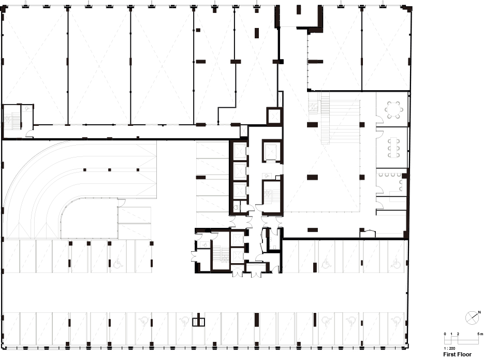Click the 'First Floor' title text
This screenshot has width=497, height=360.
457,354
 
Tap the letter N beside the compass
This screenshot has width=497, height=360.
479,312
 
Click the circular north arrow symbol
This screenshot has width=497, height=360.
472,318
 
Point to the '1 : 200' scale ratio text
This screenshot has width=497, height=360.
449,348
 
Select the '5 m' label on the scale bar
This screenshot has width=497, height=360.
480,334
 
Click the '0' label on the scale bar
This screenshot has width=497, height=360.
445,334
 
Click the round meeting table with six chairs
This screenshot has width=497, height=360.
394,110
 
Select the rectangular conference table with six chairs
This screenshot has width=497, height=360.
394,147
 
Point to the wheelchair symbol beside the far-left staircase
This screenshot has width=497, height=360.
27,108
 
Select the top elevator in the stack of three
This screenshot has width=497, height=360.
240,151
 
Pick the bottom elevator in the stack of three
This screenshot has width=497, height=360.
240,191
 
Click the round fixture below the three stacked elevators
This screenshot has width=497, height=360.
236,208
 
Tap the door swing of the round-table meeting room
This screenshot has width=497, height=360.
379,120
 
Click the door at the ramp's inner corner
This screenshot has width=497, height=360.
122,203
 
